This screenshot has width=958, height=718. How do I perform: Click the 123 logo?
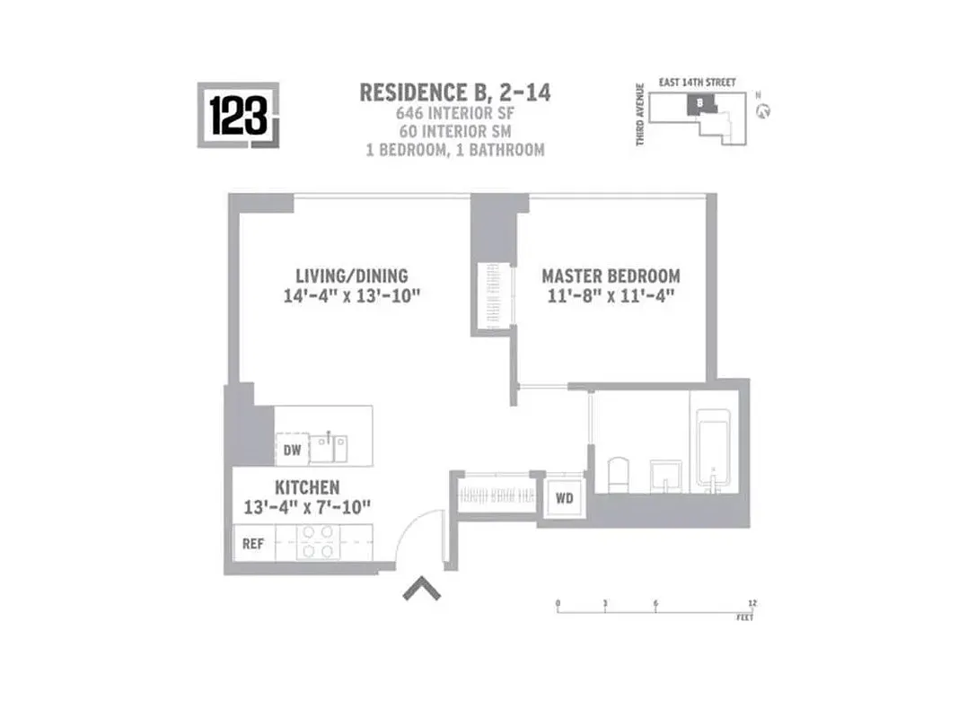[238, 115]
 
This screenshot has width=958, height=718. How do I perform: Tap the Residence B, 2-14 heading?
[454, 92]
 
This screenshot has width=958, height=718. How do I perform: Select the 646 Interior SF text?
[454, 114]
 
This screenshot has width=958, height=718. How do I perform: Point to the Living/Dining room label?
[352, 276]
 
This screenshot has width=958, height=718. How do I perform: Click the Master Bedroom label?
[611, 276]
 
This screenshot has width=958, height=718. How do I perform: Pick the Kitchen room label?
[307, 487]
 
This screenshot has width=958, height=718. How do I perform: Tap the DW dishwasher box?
[292, 451]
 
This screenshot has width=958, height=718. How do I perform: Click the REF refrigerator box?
[253, 544]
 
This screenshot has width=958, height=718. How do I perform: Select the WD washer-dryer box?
[565, 496]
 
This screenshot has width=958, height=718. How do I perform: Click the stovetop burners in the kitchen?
[316, 543]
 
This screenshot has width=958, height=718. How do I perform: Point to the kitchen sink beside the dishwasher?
[330, 447]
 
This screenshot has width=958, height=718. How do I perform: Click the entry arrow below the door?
[420, 589]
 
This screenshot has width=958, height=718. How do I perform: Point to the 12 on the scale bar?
[751, 602]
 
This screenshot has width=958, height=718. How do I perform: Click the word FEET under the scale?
[744, 618]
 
